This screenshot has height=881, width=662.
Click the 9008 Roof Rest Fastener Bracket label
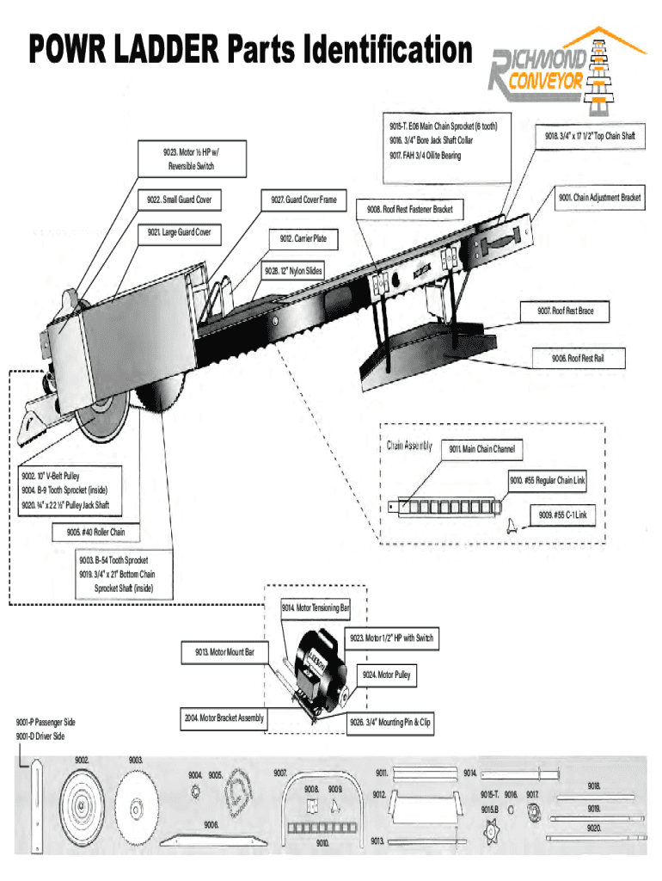pyautogui.click(x=409, y=209)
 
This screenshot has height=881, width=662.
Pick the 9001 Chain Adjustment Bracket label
pyautogui.click(x=599, y=198)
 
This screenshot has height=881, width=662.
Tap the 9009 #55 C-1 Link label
pyautogui.click(x=562, y=515)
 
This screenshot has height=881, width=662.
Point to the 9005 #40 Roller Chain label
pyautogui.click(x=95, y=533)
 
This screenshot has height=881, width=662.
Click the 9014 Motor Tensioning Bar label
pyautogui.click(x=315, y=609)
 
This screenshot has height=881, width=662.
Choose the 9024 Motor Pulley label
pyautogui.click(x=386, y=675)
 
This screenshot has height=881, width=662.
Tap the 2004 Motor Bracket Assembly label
pyautogui.click(x=224, y=718)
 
